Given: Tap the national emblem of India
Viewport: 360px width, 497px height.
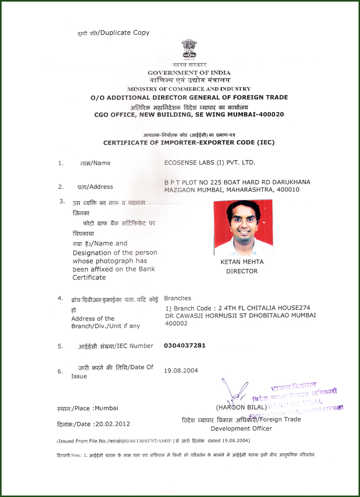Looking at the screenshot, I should tap(189, 50).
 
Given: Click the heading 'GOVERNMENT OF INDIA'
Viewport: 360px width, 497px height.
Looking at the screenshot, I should tap(189, 72).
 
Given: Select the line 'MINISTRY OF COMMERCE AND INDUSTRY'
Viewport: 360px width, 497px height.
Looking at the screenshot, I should tap(189, 89).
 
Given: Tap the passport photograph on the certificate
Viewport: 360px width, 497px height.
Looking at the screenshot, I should tap(243, 228).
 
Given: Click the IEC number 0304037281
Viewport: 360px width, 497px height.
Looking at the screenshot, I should tap(185, 345).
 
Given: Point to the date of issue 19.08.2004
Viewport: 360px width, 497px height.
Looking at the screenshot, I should tap(181, 370).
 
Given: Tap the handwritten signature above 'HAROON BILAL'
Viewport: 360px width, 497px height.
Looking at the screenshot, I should tap(231, 393).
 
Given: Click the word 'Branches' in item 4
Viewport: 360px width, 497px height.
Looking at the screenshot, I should tap(177, 298).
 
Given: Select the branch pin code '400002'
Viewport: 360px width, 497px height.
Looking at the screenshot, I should tap(176, 324).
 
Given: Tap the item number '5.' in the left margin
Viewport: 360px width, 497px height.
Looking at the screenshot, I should tap(61, 346).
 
